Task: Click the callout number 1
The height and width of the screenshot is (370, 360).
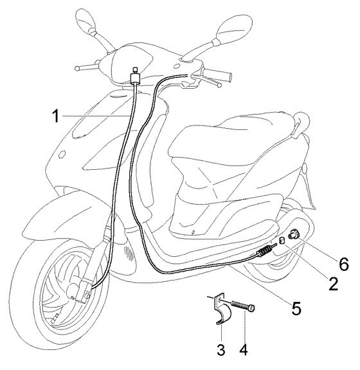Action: click(56, 116)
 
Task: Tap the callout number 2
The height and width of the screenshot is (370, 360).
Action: click(334, 283)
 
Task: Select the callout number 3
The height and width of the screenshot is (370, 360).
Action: click(221, 349)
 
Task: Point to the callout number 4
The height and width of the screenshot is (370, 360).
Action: click(244, 349)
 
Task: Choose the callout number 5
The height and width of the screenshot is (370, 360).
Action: click(296, 308)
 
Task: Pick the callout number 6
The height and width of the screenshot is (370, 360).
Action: click(343, 264)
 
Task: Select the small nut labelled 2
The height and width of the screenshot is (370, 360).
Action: click(282, 241)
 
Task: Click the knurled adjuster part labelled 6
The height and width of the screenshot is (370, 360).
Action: click(294, 234)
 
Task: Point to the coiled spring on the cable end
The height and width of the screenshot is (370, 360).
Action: click(265, 250)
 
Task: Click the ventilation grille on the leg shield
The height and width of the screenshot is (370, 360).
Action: click(129, 252)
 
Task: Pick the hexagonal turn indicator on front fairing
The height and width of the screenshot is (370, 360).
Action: click(62, 154)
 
